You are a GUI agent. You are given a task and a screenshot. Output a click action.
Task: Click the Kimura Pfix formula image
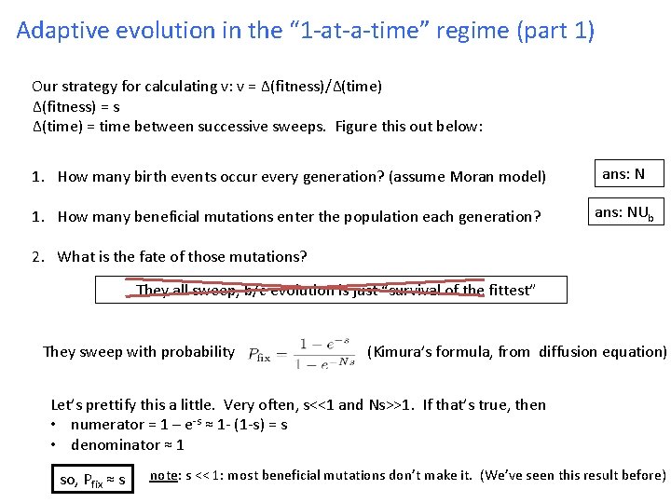pos(302,353)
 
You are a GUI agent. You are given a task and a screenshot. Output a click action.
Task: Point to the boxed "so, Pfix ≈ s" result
pos(92,479)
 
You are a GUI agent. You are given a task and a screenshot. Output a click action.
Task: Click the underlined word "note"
pos(164,475)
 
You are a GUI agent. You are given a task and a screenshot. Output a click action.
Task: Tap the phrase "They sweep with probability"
pos(139,352)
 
